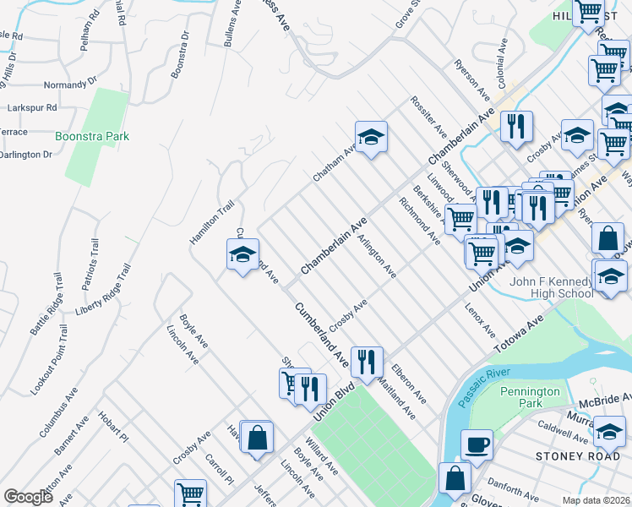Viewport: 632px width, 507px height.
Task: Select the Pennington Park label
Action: [x=530, y=398]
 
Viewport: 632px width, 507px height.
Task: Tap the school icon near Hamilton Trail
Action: [x=242, y=255]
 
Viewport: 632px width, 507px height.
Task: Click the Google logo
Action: [x=28, y=497]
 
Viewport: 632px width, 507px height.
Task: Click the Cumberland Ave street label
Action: [x=322, y=335]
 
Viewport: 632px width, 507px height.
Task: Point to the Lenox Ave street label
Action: [x=478, y=321]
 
